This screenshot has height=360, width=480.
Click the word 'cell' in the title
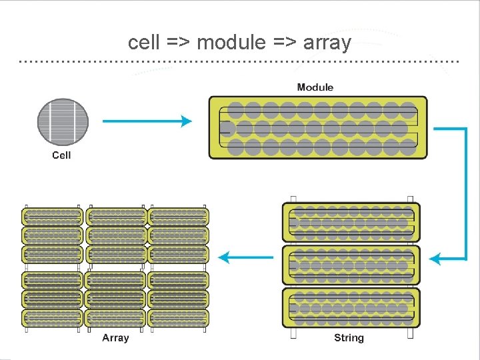click(143, 43)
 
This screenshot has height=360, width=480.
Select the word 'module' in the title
click(231, 43)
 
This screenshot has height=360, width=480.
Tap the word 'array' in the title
click(327, 43)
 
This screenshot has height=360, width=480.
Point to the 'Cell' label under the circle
click(61, 155)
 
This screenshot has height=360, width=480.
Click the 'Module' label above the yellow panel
click(315, 87)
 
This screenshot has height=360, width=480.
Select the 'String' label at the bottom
click(349, 338)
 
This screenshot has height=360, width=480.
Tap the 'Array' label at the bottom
click(115, 338)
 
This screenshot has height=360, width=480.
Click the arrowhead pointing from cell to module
click(187, 121)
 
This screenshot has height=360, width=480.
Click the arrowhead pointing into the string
click(435, 258)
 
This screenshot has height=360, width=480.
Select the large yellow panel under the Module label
click(318, 127)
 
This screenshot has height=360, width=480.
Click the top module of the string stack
click(351, 223)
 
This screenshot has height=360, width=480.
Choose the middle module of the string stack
click(351, 265)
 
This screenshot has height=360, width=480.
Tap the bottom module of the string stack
click(351, 307)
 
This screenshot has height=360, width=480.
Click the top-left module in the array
click(53, 217)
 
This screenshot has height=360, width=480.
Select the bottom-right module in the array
click(178, 317)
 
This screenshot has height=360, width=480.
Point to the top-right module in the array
click(178, 217)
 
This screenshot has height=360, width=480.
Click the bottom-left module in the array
click(53, 317)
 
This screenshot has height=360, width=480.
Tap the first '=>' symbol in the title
click(177, 43)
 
